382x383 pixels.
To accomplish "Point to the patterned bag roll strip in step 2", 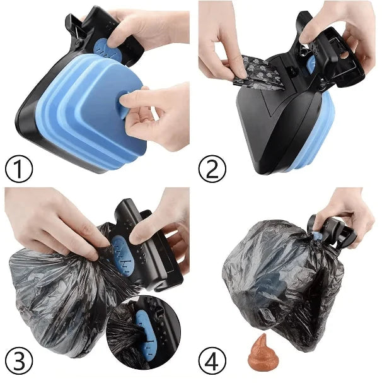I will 258,69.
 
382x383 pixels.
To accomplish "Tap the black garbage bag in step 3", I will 57,297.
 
